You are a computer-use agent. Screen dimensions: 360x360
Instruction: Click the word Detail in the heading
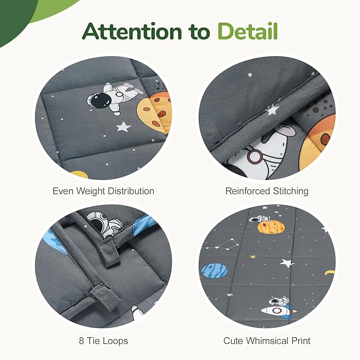(x=248, y=31)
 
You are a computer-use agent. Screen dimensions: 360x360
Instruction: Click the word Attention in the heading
(x=132, y=31)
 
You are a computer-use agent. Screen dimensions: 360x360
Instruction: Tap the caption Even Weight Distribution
(x=103, y=191)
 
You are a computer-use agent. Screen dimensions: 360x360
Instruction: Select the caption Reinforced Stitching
(x=267, y=191)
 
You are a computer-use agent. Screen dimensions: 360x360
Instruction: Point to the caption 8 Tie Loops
(x=103, y=341)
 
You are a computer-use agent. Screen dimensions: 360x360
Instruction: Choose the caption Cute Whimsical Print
(x=267, y=341)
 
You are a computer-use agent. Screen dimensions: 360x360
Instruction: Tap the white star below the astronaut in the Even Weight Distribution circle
(x=124, y=127)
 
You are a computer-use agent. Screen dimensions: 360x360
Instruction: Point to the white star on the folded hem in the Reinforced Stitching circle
(x=273, y=110)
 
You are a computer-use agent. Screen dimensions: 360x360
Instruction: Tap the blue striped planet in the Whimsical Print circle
(x=215, y=271)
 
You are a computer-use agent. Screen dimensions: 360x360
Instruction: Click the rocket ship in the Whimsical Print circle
(x=279, y=311)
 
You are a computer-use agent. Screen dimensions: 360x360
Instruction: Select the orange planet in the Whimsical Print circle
(x=271, y=227)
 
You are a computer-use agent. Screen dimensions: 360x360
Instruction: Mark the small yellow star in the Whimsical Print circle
(x=253, y=257)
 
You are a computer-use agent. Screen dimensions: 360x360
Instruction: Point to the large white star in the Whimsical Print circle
(x=287, y=263)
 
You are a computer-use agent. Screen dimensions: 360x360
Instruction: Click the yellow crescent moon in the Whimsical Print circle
(x=329, y=273)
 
